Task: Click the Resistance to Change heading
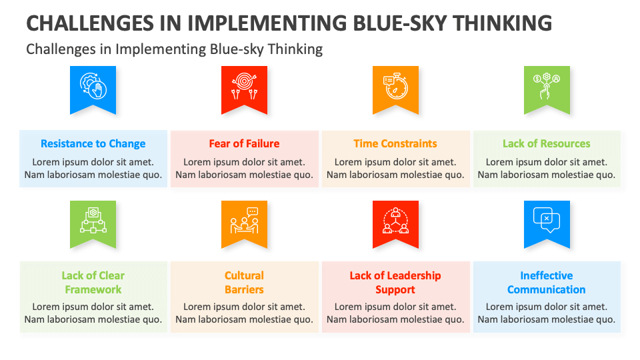[93, 143]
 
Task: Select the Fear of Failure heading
[244, 143]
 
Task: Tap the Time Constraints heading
[395, 143]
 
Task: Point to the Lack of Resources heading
[547, 143]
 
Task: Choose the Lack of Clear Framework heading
[93, 283]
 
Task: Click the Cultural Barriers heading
[244, 283]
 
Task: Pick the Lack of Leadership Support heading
[395, 283]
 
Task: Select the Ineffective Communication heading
[547, 283]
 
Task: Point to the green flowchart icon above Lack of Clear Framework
[93, 221]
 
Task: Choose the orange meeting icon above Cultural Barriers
[244, 221]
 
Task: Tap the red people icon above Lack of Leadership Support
[395, 221]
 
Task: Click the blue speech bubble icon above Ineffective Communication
[547, 221]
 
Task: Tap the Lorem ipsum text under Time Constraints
[395, 168]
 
